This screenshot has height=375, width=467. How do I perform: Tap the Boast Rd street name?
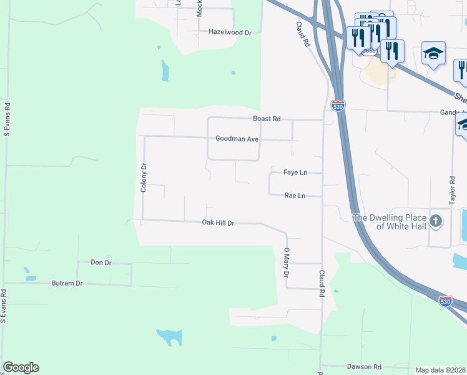(267, 119)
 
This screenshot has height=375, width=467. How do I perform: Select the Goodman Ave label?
(237, 139)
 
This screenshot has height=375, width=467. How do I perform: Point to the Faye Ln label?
(295, 172)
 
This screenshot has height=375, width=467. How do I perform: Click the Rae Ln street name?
(295, 196)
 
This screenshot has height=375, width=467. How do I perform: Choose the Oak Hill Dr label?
(218, 222)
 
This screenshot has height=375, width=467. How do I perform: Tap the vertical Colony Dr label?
(144, 177)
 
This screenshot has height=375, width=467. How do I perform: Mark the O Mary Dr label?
(287, 262)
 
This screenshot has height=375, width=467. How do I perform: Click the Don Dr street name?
(101, 262)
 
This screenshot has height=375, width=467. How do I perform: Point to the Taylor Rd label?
(452, 187)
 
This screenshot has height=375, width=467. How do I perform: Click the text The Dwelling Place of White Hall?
(391, 222)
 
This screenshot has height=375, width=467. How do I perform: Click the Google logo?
(21, 367)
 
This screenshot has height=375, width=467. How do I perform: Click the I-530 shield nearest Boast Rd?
(338, 105)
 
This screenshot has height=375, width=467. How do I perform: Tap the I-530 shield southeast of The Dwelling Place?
(445, 301)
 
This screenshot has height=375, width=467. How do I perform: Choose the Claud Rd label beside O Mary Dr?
(322, 283)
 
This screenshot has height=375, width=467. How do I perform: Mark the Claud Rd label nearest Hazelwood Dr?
(303, 34)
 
